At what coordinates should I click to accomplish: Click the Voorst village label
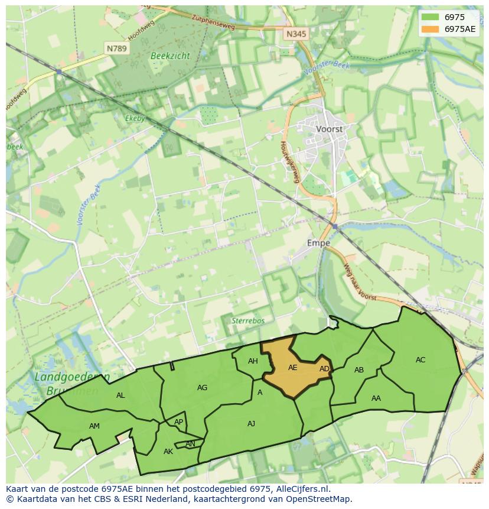coord(329,128)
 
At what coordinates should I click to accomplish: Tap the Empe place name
coord(318,242)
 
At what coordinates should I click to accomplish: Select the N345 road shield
coord(296,34)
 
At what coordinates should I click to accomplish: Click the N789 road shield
coord(116,48)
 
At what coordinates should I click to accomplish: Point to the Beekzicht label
coord(170,56)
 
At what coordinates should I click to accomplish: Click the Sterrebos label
coord(248,320)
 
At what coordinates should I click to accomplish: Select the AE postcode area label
coord(292,368)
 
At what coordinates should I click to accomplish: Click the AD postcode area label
coord(324,369)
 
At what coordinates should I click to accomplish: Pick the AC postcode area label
coord(420,360)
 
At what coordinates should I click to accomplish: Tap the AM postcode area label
coord(94,426)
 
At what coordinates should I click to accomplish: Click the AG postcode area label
coord(202,388)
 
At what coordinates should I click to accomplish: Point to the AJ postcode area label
coord(251,423)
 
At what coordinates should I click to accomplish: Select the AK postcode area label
coord(168,452)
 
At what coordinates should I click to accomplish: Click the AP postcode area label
coord(178,422)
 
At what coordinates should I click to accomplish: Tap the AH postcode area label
coord(253,361)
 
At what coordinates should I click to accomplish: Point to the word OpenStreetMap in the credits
coord(321,499)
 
